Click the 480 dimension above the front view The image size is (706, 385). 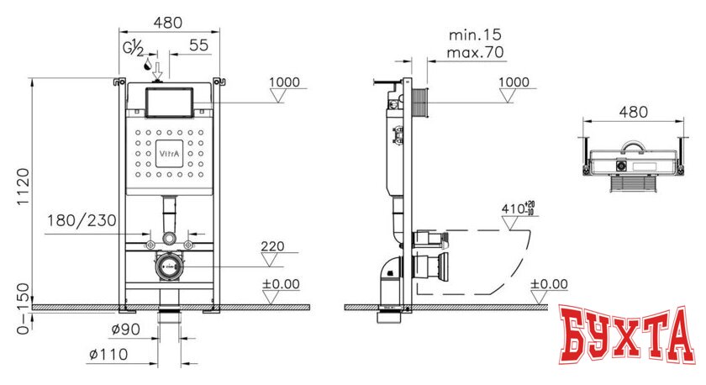click(167, 24)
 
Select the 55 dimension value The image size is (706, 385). click(198, 47)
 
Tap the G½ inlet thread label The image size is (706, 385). click(134, 48)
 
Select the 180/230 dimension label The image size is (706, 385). click(82, 222)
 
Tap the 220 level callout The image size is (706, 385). click(272, 247)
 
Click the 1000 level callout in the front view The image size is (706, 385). click(284, 82)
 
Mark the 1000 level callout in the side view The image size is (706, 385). click(514, 82)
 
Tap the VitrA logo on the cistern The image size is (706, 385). click(168, 155)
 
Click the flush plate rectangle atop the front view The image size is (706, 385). click(169, 103)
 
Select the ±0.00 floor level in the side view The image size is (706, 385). click(550, 284)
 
